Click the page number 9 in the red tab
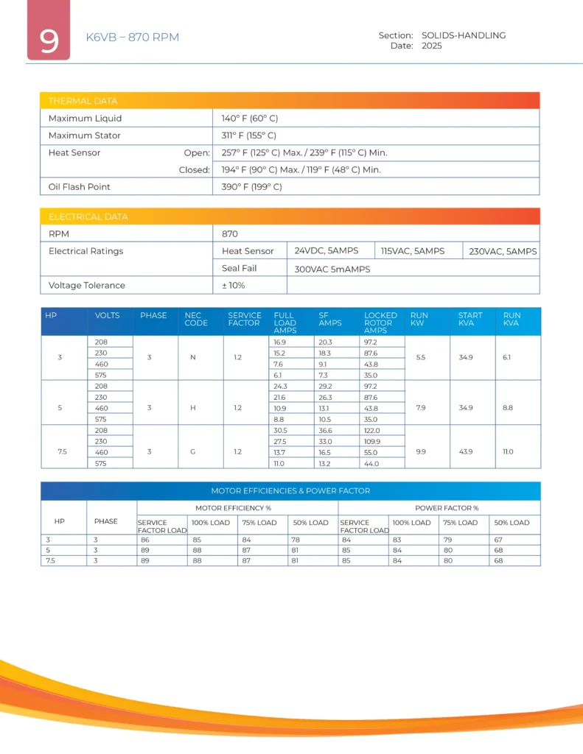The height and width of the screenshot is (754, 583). (x=49, y=40)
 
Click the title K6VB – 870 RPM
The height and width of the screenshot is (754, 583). (x=133, y=37)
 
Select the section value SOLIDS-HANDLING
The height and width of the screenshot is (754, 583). (x=464, y=35)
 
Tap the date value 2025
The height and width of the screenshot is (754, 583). (x=432, y=46)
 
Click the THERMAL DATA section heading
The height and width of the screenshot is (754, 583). (x=83, y=101)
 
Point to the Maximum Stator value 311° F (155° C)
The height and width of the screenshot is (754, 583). (x=249, y=135)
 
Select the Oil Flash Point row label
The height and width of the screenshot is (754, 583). (x=80, y=186)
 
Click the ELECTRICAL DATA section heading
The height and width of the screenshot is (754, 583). (x=88, y=216)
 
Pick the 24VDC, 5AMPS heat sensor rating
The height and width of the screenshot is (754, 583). (x=327, y=251)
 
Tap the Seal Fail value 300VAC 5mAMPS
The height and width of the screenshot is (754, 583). (x=332, y=269)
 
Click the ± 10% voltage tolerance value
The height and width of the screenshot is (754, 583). (x=234, y=285)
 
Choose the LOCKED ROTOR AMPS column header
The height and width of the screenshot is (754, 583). (x=380, y=323)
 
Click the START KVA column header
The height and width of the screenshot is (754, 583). (x=470, y=319)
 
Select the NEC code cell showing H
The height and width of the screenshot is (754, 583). (x=192, y=408)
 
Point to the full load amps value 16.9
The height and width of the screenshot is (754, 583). (x=280, y=342)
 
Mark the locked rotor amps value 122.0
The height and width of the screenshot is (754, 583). (x=374, y=430)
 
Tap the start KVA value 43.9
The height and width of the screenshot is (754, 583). (x=467, y=451)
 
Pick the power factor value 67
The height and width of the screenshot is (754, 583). (x=500, y=540)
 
